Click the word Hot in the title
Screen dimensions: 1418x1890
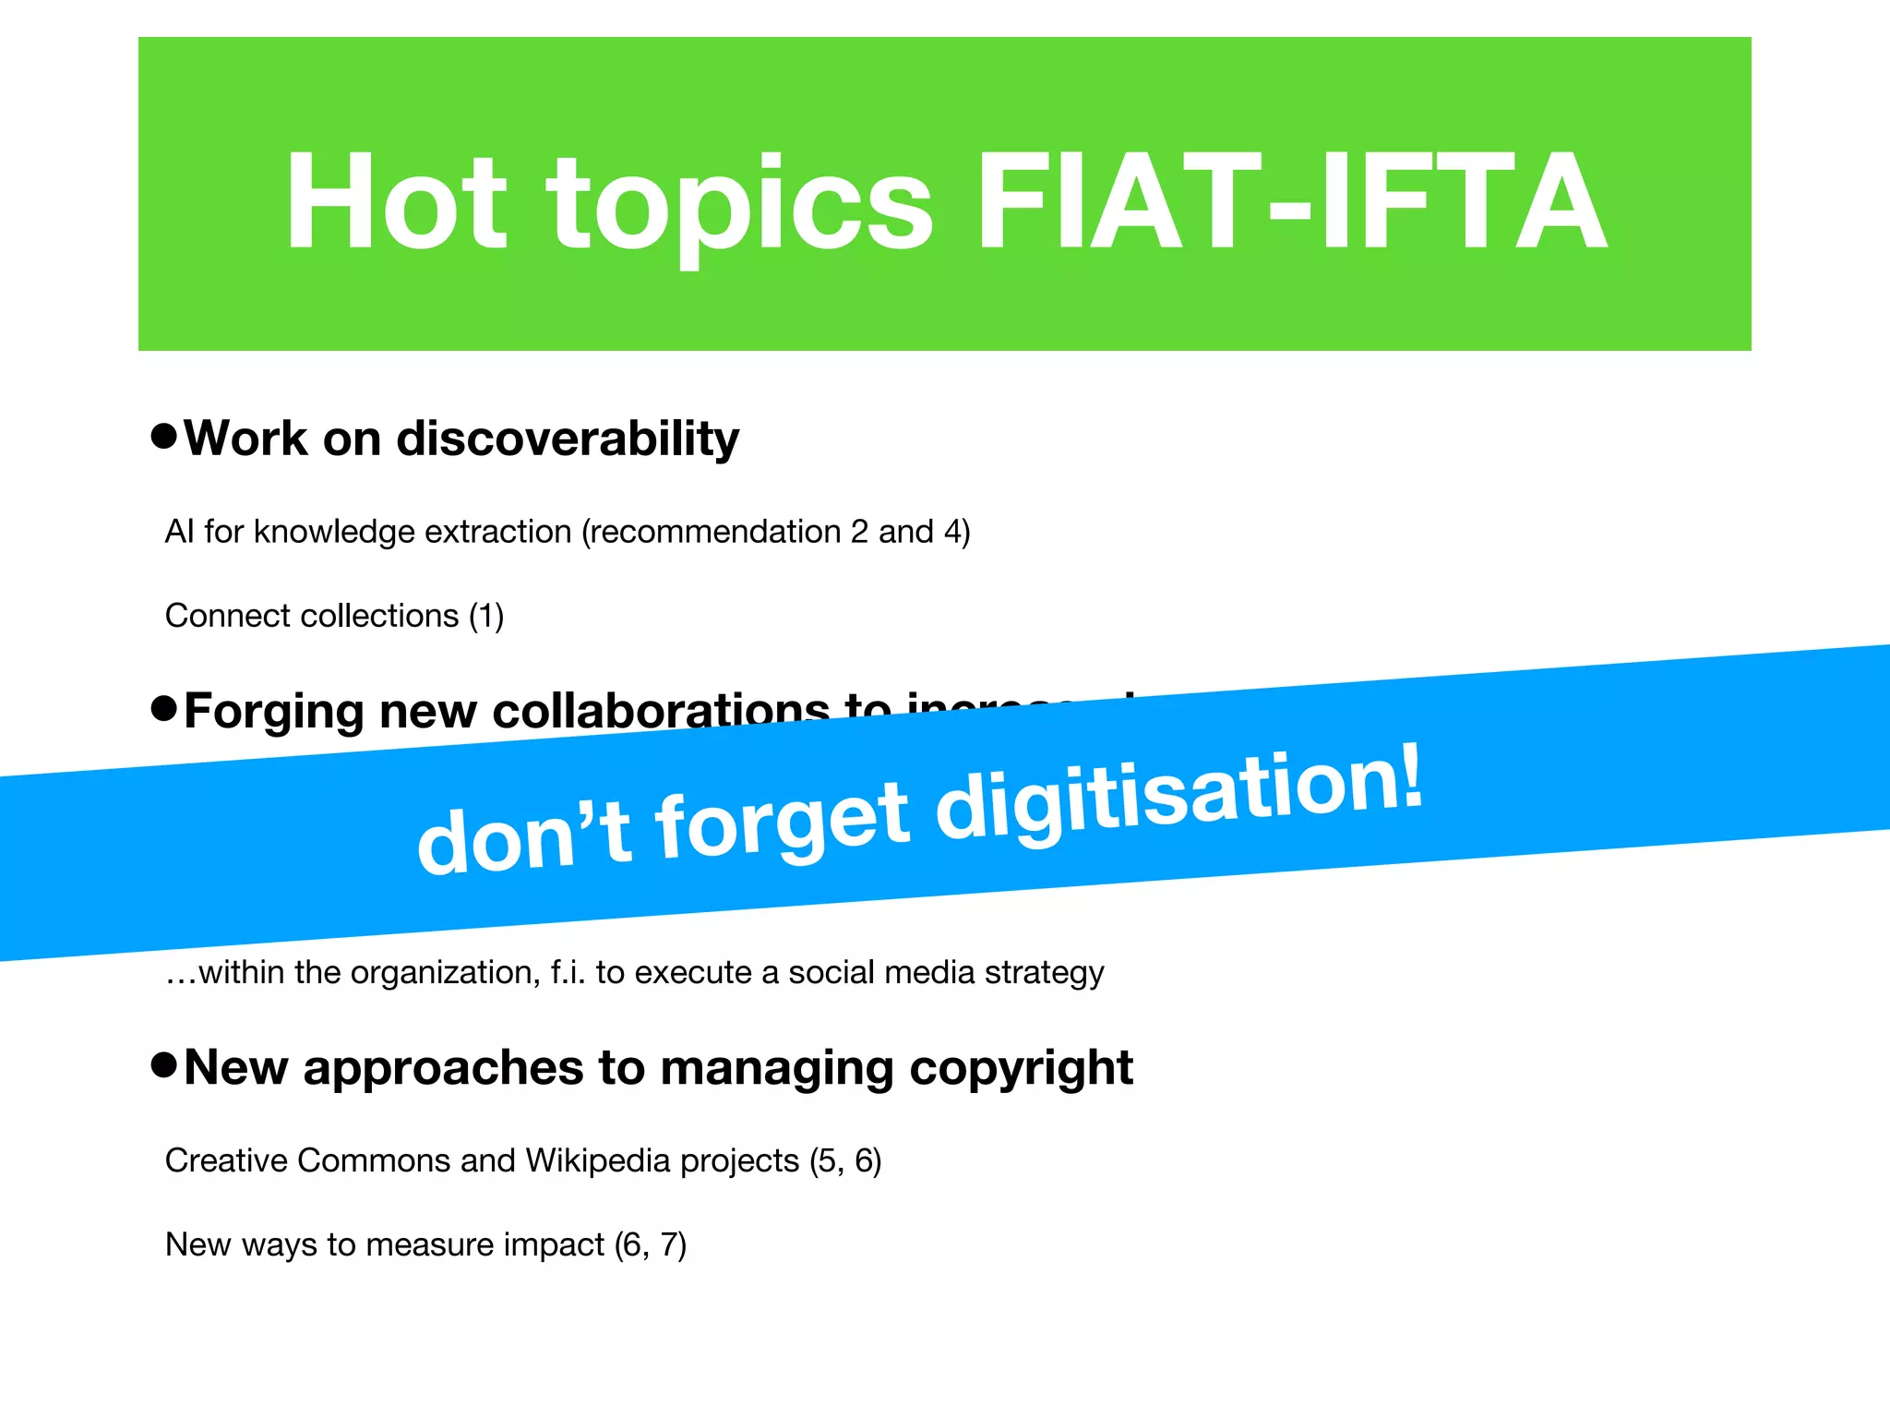click(396, 201)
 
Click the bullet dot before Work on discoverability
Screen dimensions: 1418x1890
click(163, 436)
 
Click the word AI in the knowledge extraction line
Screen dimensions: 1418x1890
click(179, 532)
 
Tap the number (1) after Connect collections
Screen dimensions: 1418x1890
click(486, 616)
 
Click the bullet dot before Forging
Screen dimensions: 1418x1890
click(163, 709)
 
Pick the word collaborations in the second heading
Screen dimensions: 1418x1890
click(661, 713)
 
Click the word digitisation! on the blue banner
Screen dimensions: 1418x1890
click(1179, 793)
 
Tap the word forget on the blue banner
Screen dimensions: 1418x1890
click(784, 820)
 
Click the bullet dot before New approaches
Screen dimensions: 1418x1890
click(163, 1065)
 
